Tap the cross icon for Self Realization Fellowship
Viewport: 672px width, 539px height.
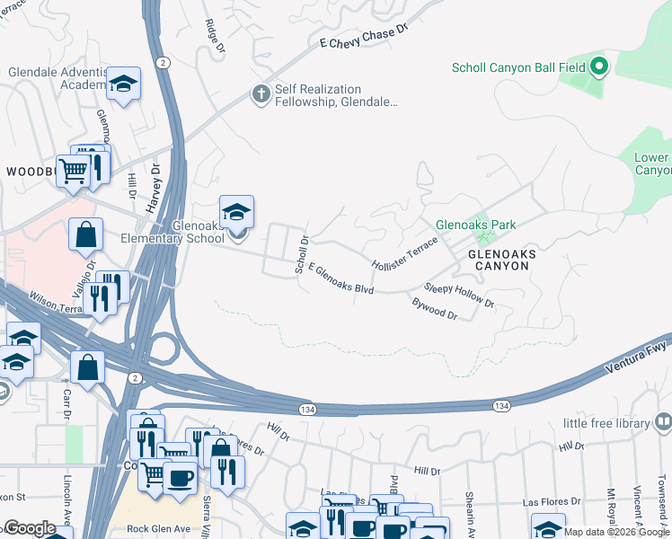[x=261, y=94]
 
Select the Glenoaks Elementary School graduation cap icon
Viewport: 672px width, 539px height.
[x=236, y=212]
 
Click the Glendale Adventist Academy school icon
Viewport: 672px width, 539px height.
[x=123, y=84]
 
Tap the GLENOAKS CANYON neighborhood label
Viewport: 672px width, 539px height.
[x=502, y=261]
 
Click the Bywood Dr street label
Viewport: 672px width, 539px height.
[x=435, y=309]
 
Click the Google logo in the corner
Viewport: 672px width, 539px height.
[x=30, y=528]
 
